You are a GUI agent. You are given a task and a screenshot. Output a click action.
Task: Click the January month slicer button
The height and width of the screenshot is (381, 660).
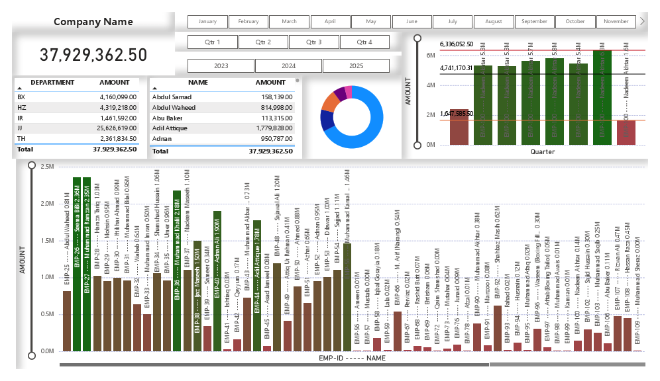(x=207, y=21)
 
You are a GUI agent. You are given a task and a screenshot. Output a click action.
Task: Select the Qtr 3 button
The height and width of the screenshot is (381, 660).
(x=314, y=42)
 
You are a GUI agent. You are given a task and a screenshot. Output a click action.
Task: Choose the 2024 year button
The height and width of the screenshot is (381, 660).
(x=288, y=66)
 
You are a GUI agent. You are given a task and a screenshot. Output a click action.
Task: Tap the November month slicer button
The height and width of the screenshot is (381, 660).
(x=616, y=21)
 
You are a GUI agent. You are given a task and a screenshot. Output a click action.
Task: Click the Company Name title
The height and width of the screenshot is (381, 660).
(x=93, y=22)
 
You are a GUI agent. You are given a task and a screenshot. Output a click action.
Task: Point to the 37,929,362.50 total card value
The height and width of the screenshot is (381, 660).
(x=93, y=55)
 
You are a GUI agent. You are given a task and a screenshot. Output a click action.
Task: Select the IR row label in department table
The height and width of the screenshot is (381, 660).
(x=21, y=118)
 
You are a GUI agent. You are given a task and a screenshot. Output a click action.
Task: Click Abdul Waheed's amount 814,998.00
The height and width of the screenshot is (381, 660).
(x=272, y=107)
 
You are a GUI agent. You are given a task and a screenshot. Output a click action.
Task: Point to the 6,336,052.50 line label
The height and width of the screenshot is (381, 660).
(x=457, y=44)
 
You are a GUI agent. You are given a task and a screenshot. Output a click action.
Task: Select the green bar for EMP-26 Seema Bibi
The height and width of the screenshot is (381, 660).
(x=77, y=265)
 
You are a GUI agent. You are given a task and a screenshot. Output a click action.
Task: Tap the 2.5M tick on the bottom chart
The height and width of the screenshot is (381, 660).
(x=47, y=167)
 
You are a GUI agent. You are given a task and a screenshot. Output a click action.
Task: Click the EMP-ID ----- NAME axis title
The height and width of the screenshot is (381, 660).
(x=351, y=358)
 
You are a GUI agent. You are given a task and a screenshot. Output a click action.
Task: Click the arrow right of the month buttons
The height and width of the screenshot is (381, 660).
(x=642, y=21)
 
